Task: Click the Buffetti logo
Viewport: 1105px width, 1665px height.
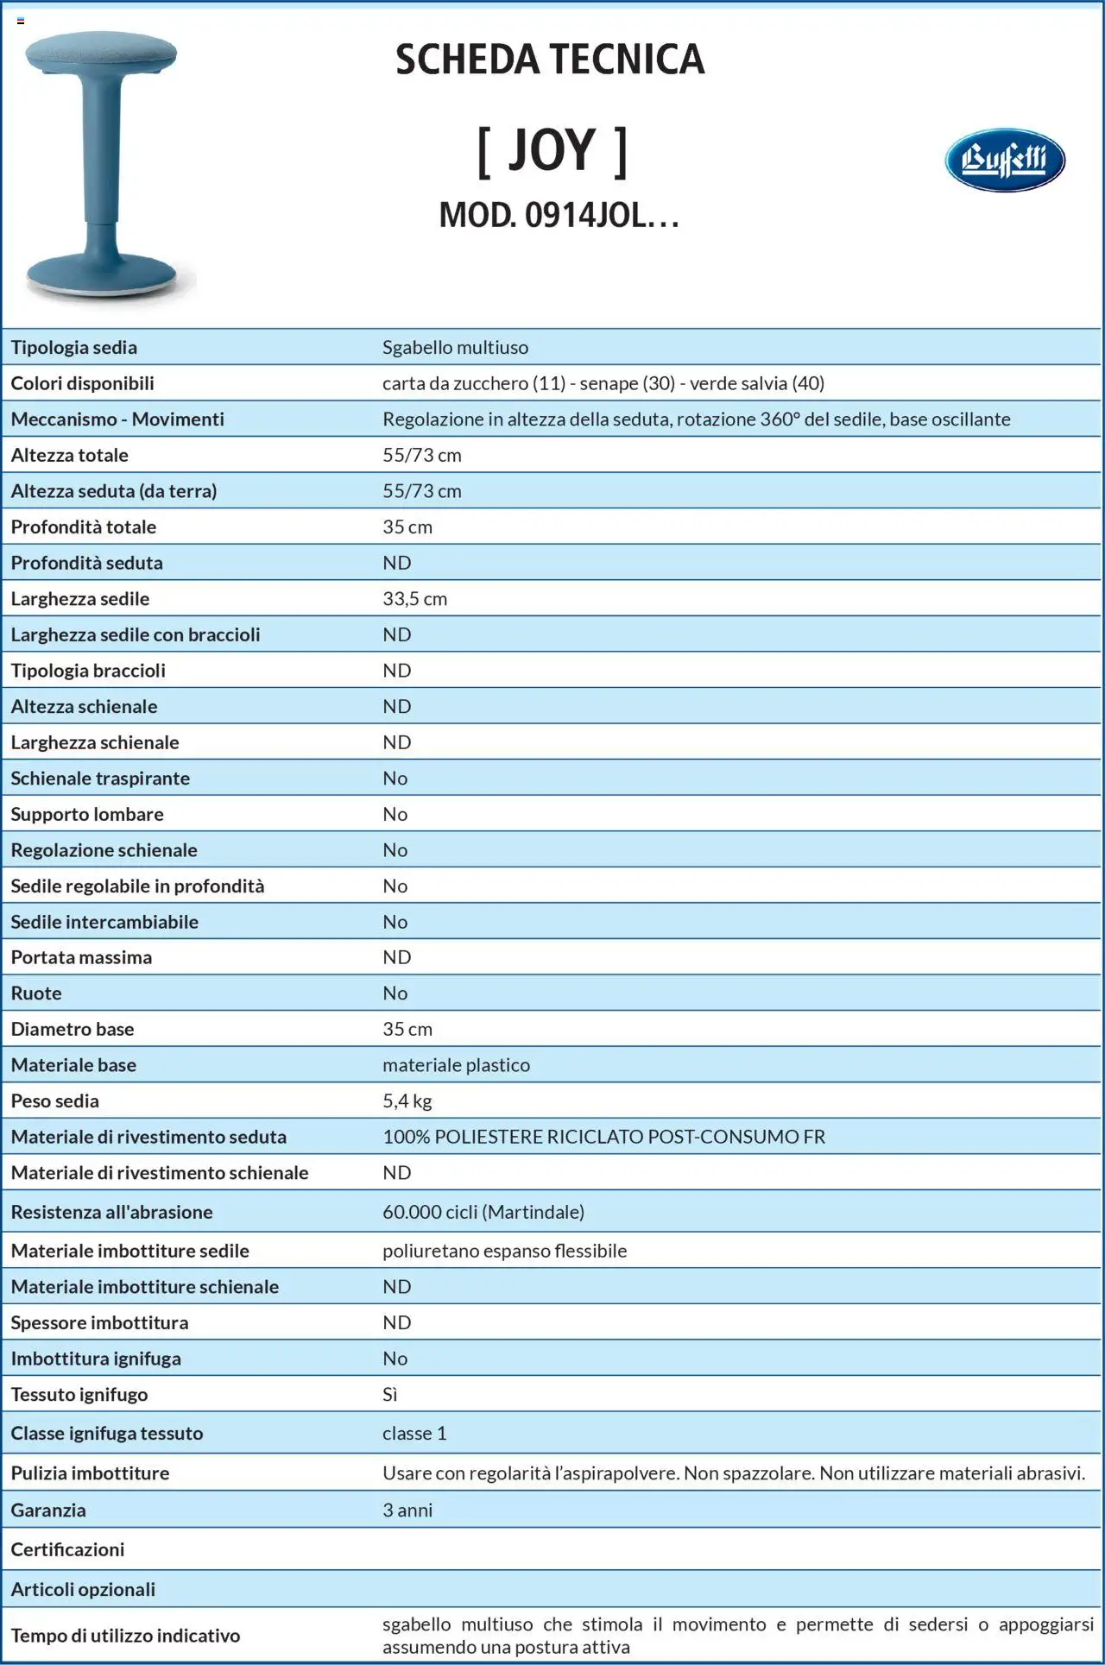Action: click(1004, 160)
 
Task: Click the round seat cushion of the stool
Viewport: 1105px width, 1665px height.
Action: click(101, 54)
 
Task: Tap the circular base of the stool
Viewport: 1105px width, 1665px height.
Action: click(102, 275)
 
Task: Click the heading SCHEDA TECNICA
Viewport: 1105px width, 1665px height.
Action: click(550, 60)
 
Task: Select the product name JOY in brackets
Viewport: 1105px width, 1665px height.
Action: click(552, 151)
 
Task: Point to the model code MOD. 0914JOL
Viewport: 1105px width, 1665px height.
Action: click(559, 215)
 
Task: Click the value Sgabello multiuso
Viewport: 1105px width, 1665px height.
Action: click(455, 348)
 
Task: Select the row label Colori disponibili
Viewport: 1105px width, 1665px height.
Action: click(82, 383)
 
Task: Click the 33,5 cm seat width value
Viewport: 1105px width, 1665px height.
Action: click(414, 599)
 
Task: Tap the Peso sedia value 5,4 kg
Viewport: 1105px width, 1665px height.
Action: click(407, 1101)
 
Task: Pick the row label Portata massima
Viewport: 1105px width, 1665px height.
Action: click(81, 957)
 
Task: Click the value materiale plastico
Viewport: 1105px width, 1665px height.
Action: click(456, 1065)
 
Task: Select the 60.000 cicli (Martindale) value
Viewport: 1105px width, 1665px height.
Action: click(483, 1212)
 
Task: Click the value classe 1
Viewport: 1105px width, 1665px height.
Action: click(414, 1434)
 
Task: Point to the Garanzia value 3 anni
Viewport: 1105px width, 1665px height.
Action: click(407, 1510)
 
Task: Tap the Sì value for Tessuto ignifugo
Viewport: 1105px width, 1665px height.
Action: click(390, 1395)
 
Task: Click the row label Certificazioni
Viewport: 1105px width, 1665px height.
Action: click(67, 1549)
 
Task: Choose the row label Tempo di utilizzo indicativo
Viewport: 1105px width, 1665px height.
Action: click(125, 1636)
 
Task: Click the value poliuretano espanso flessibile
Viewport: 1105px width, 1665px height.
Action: click(504, 1251)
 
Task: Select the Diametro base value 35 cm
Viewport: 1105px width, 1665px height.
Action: click(407, 1029)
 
